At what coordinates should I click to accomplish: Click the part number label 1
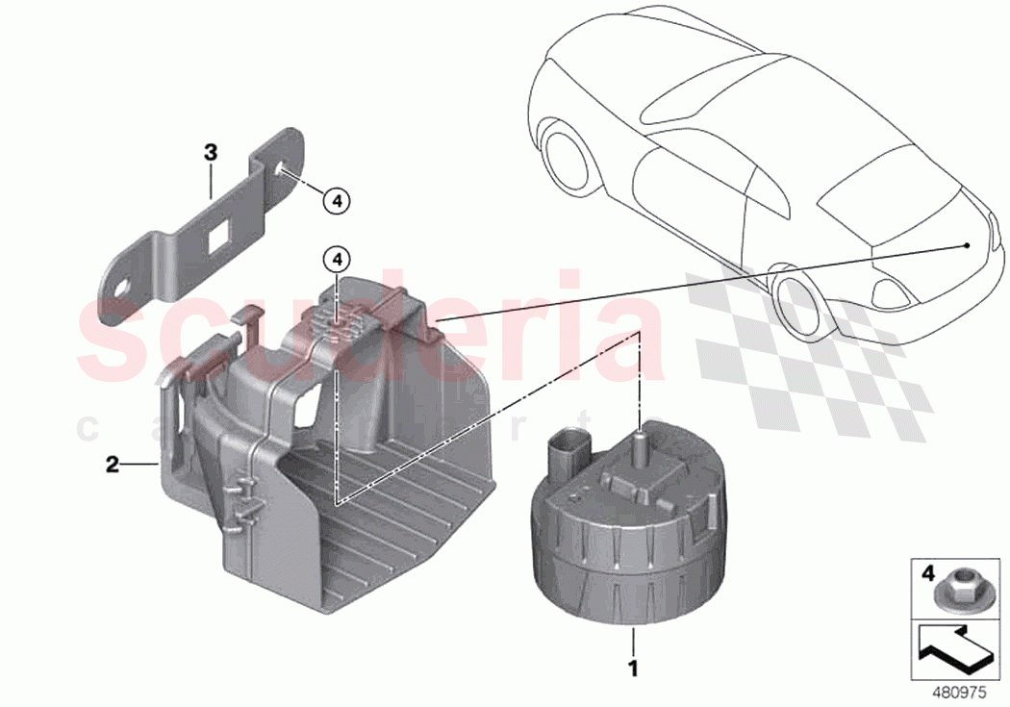click(632, 665)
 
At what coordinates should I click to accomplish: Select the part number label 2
click(113, 466)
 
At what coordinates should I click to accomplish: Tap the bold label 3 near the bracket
click(211, 152)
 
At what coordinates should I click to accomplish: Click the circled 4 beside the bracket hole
click(335, 200)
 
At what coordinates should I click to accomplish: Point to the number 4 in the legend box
click(927, 573)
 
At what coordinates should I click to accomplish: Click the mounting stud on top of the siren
click(637, 443)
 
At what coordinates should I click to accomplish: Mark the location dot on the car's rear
click(966, 245)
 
